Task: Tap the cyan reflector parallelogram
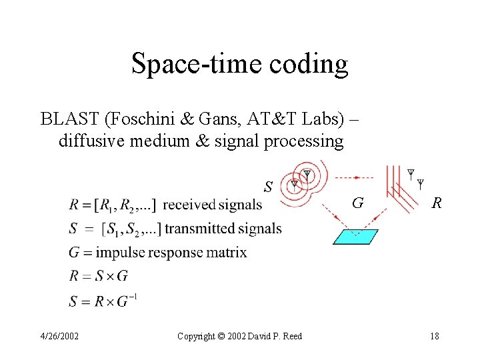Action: coord(355,237)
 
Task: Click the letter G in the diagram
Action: coord(358,203)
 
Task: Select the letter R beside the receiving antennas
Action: coord(436,203)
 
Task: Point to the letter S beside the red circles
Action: coord(268,187)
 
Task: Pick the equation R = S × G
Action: coord(99,275)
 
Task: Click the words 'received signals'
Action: coord(212,205)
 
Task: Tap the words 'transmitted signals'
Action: coord(223,229)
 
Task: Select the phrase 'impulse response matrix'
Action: coord(171,253)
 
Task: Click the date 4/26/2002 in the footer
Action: coord(59,336)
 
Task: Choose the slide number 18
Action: coord(434,336)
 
